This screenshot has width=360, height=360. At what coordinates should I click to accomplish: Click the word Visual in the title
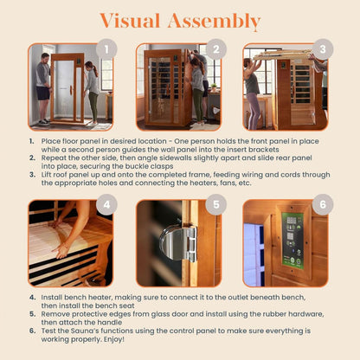click(132, 21)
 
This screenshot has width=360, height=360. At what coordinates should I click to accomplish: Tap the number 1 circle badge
click(106, 48)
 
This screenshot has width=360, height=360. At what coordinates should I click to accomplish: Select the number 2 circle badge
click(215, 48)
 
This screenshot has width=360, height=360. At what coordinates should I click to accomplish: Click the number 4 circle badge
click(106, 204)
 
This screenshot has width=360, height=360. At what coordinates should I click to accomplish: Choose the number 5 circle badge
click(215, 204)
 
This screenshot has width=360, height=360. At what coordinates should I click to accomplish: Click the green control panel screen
click(293, 239)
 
